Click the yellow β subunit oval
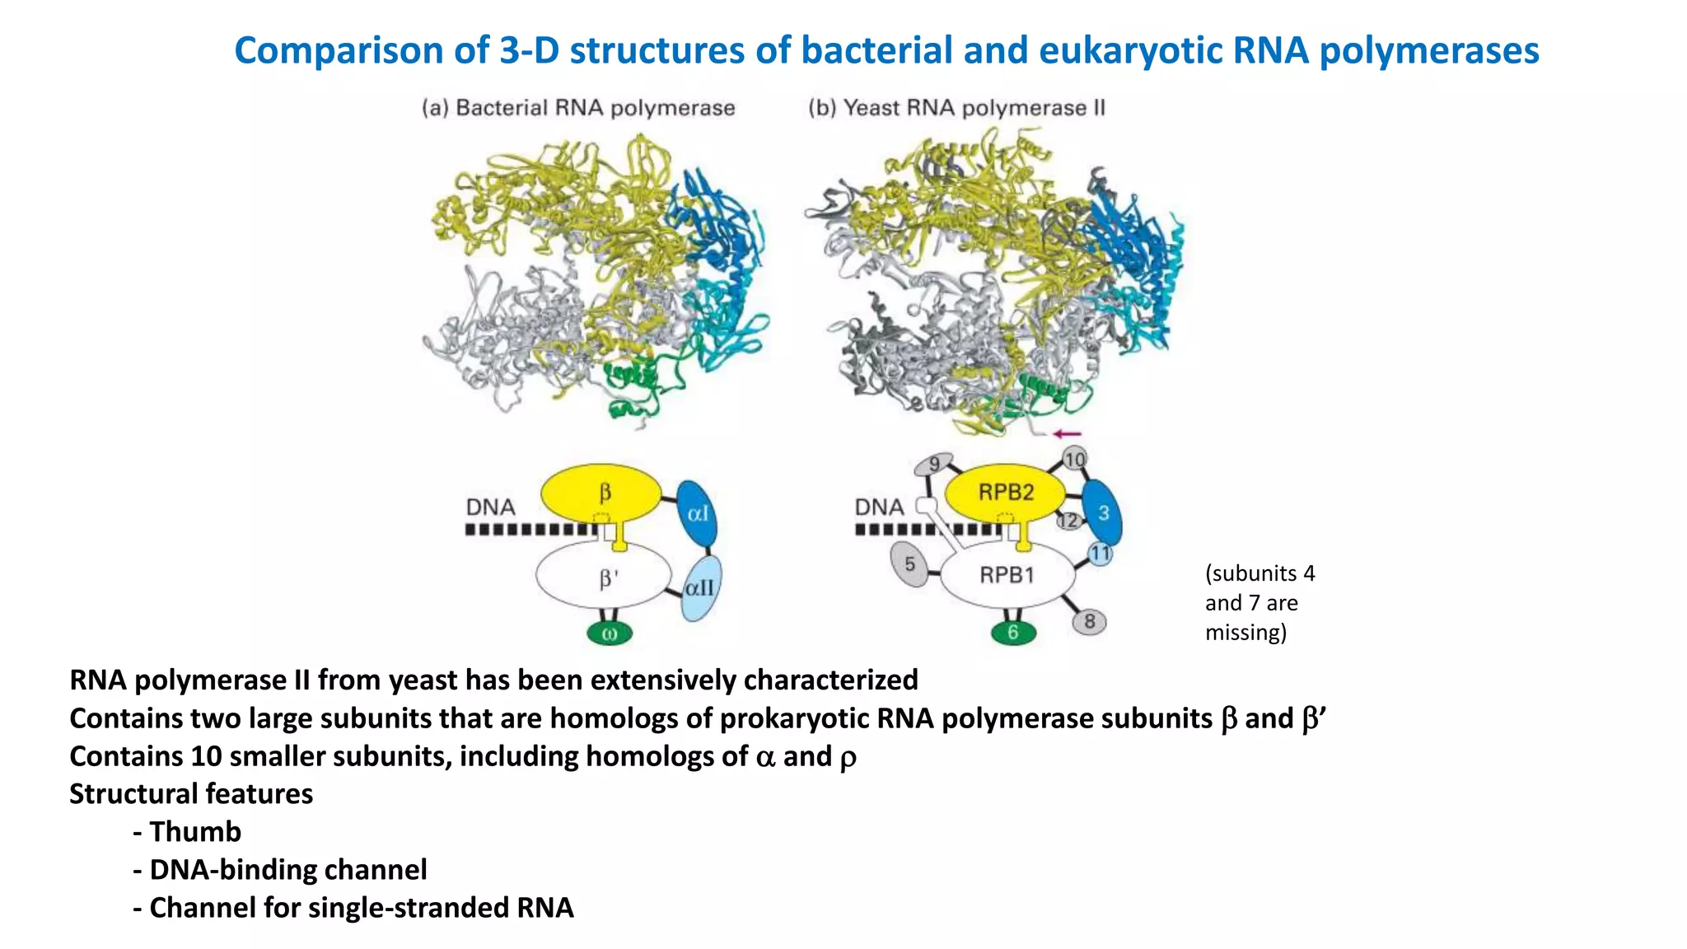pyautogui.click(x=600, y=493)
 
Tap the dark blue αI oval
pyautogui.click(x=697, y=514)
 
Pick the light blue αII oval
pyautogui.click(x=702, y=587)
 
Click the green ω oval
pyautogui.click(x=610, y=633)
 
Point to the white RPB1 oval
pyautogui.click(x=1007, y=575)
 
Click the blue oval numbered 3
pyautogui.click(x=1102, y=513)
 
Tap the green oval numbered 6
pyautogui.click(x=1013, y=633)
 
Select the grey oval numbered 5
pyautogui.click(x=909, y=565)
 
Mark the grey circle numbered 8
pyautogui.click(x=1089, y=621)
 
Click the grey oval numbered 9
pyautogui.click(x=934, y=465)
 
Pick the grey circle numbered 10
pyautogui.click(x=1075, y=459)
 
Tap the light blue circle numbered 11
pyautogui.click(x=1101, y=554)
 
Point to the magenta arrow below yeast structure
pyautogui.click(x=1067, y=433)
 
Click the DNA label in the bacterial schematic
pyautogui.click(x=490, y=507)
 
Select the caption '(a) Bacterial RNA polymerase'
pyautogui.click(x=578, y=108)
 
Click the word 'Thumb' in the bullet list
pyautogui.click(x=195, y=832)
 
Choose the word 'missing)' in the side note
pyautogui.click(x=1245, y=633)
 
